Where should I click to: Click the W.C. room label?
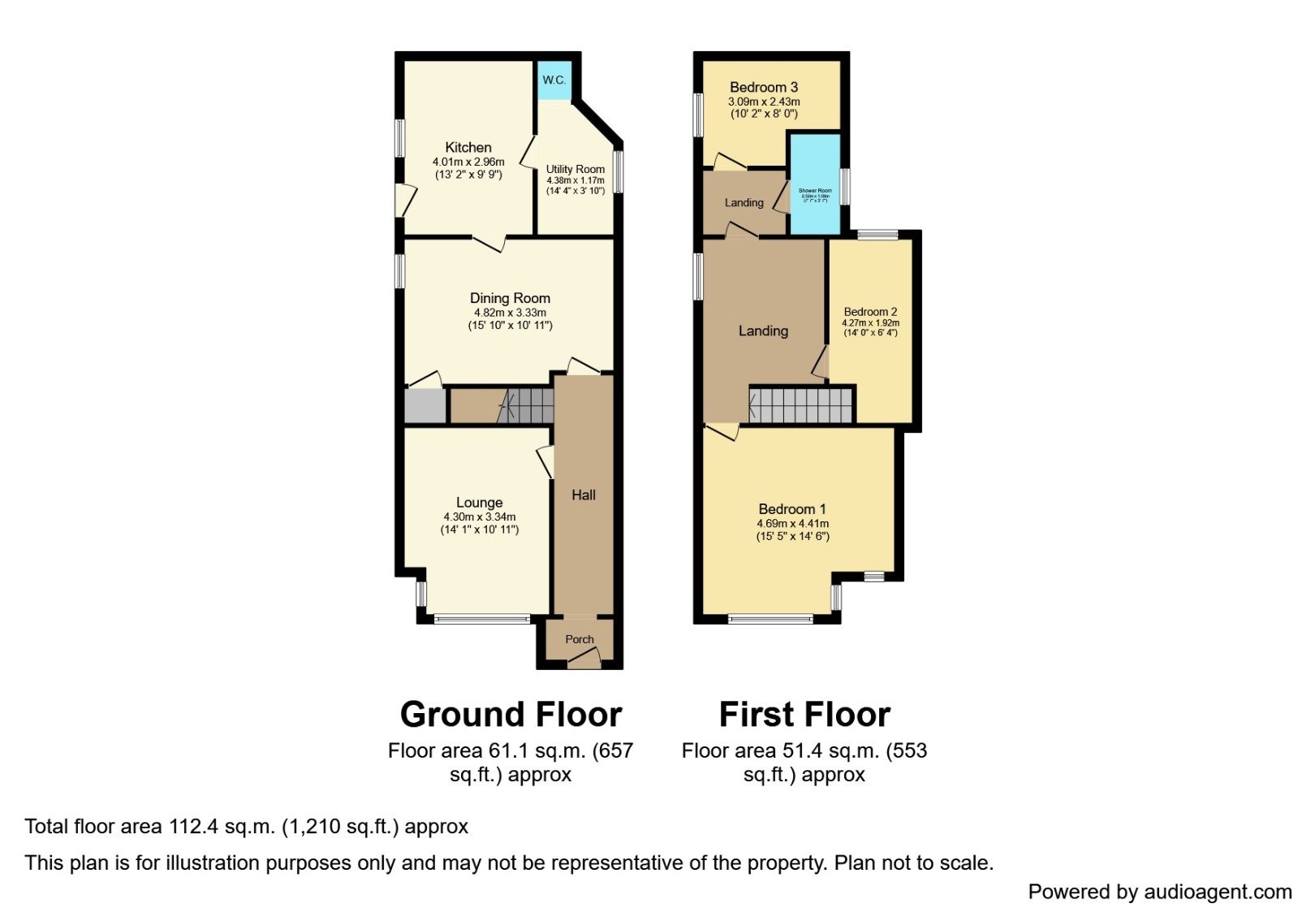(x=554, y=80)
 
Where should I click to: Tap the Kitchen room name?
(x=468, y=147)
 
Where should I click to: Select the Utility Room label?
(x=575, y=169)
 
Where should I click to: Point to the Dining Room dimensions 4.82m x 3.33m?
(x=510, y=312)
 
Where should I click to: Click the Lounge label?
(x=479, y=502)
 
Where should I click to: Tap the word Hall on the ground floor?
(x=584, y=495)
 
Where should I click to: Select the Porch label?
(x=580, y=639)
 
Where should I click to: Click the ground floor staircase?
(x=528, y=405)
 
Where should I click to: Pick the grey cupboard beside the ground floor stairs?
(x=425, y=406)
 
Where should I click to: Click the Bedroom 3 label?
(x=764, y=87)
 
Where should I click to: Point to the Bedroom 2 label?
(x=870, y=312)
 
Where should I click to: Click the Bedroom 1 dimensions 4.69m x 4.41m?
(x=793, y=524)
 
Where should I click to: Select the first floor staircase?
(x=801, y=404)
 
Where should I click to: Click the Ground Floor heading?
(x=511, y=715)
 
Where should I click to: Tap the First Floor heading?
(x=804, y=715)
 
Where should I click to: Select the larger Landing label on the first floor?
(x=763, y=331)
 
